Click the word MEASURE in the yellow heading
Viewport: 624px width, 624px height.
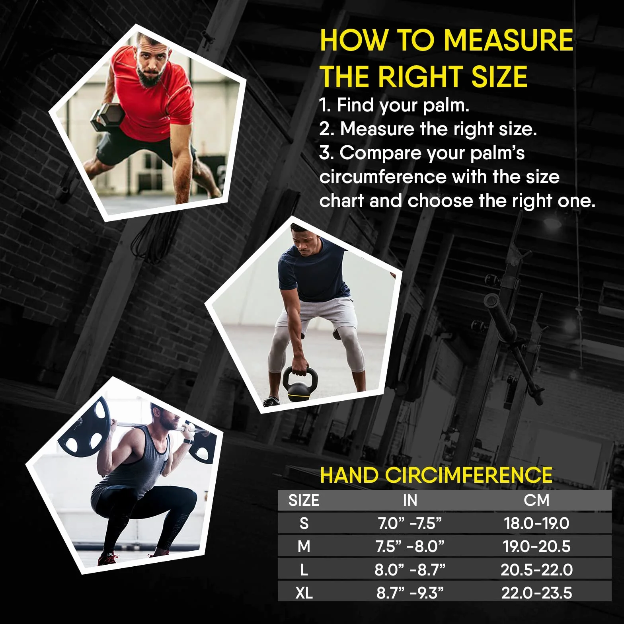(x=508, y=40)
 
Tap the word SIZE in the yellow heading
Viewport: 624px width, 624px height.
(x=499, y=76)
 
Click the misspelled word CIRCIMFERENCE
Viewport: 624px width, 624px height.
(x=468, y=475)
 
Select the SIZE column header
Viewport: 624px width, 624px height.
(x=304, y=500)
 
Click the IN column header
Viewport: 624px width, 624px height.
(x=410, y=500)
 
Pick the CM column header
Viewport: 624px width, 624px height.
(x=536, y=500)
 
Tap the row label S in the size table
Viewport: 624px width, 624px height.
(x=304, y=523)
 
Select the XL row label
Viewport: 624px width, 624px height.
(x=304, y=593)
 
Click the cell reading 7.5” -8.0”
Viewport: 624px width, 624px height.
(x=409, y=546)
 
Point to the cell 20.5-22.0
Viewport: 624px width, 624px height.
(x=536, y=570)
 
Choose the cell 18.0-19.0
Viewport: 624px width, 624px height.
(x=536, y=523)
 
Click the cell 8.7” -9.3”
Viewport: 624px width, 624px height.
(x=410, y=593)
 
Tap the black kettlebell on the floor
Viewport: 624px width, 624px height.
(x=300, y=384)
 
